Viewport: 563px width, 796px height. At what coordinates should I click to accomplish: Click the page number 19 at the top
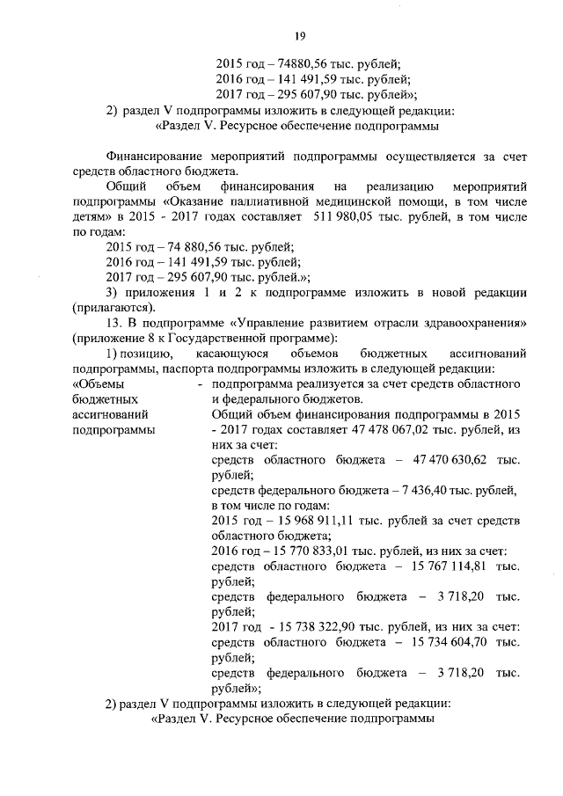(x=300, y=35)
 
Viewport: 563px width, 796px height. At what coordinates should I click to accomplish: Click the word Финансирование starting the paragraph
(x=148, y=157)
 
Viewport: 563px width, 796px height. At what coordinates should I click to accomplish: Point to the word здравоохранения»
(x=478, y=323)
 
